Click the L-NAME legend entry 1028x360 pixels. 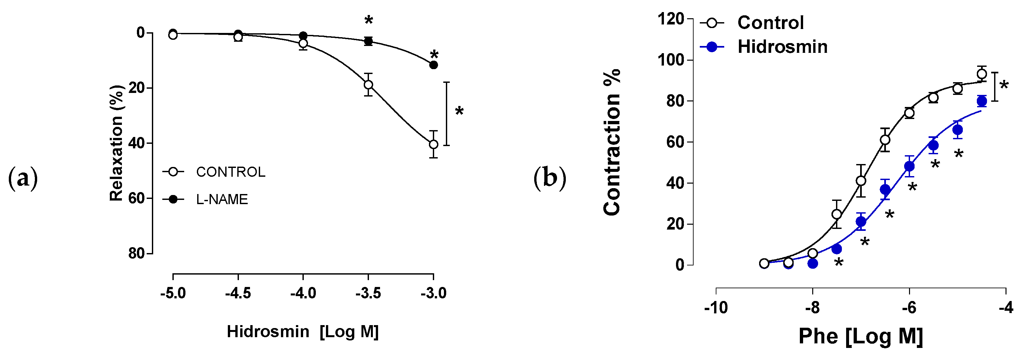(222, 199)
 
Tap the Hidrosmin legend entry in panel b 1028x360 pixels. (782, 47)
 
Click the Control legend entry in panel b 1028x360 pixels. (770, 23)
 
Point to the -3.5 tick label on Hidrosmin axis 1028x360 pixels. (368, 294)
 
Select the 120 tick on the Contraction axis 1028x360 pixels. (670, 19)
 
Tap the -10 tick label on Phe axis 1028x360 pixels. (716, 308)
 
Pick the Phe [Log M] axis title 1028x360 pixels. (861, 336)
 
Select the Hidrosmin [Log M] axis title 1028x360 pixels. (302, 332)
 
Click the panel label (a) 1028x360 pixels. (23, 178)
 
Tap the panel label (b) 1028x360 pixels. (550, 178)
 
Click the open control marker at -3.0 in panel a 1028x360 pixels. (433, 144)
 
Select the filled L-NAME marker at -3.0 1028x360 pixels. (433, 65)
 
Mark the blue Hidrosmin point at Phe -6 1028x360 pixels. (909, 166)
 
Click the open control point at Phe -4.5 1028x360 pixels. (982, 74)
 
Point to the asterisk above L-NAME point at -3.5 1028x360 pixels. (368, 20)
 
